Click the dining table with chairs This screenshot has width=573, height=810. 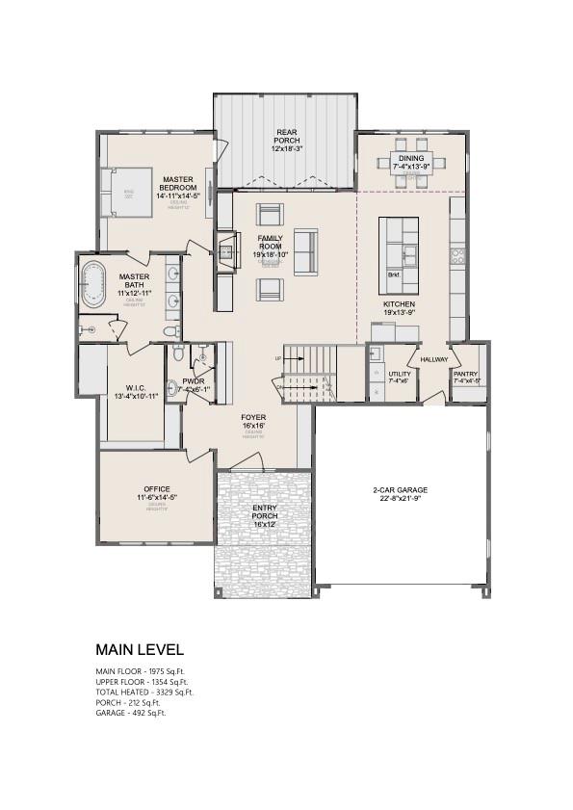(411, 162)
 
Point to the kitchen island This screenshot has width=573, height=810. (398, 254)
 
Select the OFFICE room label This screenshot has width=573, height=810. (156, 489)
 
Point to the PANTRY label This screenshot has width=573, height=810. (465, 374)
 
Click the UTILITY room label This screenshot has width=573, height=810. (399, 374)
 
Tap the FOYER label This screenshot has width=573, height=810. (253, 418)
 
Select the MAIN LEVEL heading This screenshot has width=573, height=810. (139, 650)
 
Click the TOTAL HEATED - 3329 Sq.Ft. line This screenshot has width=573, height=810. (144, 692)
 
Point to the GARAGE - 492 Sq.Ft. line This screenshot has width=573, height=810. (136, 713)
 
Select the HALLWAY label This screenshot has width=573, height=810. (434, 359)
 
